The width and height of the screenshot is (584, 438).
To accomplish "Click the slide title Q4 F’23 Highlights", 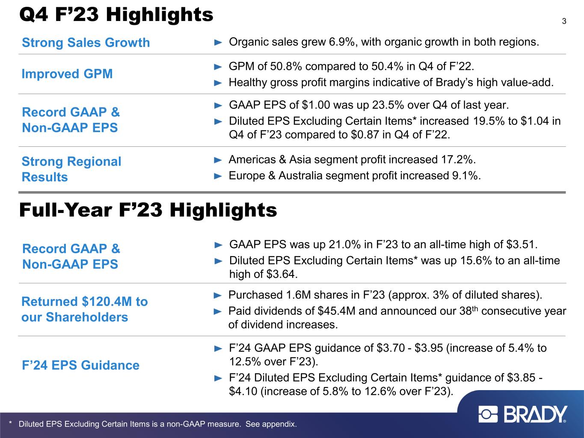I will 116,15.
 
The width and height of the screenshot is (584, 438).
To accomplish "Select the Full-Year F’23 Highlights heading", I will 148,210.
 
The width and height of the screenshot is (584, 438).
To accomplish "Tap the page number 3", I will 564,21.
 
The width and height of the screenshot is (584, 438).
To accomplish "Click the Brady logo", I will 523,414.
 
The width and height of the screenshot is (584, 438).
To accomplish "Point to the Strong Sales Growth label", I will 86,43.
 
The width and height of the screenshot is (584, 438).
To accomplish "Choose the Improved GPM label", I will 67,74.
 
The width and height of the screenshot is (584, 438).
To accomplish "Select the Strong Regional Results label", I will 71,169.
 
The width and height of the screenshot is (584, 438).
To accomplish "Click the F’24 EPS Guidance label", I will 80,365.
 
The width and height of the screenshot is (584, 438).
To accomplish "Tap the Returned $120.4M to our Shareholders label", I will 84,309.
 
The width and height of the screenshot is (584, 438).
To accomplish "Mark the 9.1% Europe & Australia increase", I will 466,176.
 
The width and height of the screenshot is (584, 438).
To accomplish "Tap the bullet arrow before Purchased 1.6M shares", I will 218,295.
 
